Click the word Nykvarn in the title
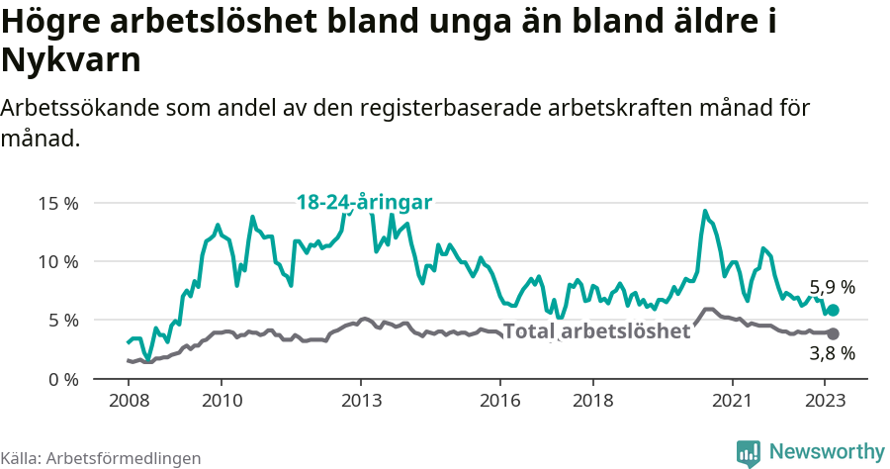(71, 60)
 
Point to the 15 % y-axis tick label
(58, 203)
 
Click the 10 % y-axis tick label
(58, 261)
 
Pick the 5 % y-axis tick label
(62, 320)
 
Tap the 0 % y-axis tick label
(62, 379)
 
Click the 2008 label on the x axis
(128, 401)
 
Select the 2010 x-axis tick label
(221, 401)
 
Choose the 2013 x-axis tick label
(360, 401)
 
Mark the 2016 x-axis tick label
(499, 401)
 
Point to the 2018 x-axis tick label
(592, 401)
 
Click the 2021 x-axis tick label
(732, 401)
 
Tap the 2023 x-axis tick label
(825, 401)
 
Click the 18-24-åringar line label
(364, 202)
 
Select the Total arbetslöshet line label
(596, 330)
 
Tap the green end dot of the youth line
(833, 310)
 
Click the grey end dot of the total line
(833, 334)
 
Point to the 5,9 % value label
(832, 287)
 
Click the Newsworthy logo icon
(749, 452)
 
